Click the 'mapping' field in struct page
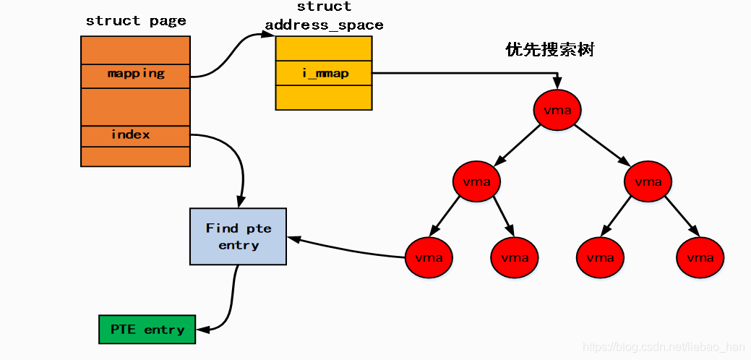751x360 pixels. point(135,74)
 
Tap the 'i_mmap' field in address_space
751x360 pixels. point(324,73)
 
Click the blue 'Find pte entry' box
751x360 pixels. point(238,236)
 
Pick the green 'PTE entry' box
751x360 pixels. point(147,330)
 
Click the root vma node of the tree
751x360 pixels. point(557,110)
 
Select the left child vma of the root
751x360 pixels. point(476,181)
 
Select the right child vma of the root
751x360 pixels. point(648,181)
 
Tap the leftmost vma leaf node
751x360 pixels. point(429,257)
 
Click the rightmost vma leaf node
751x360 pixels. point(700,257)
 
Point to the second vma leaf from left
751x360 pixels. point(515,257)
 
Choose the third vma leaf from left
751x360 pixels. point(600,257)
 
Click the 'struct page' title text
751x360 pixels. point(136,21)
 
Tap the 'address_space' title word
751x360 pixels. point(324,25)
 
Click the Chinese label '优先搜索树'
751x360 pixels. point(549,50)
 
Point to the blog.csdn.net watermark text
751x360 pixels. point(664,348)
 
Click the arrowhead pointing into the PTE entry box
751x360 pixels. point(202,330)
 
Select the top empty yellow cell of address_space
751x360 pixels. point(324,49)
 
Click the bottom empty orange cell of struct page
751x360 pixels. point(135,156)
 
